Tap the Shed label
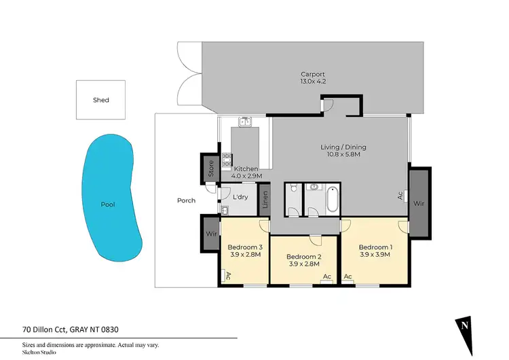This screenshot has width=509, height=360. point(101,100)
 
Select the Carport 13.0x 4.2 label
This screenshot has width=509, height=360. point(314,78)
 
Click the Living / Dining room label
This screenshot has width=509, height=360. point(339,151)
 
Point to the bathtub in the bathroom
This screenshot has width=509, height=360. point(331,202)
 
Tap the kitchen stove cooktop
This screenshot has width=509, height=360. point(227,162)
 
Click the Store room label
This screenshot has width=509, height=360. point(210,168)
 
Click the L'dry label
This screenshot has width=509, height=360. point(240,198)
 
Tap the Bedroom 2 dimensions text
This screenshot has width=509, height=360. point(304,264)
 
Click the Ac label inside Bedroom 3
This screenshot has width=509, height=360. point(227,276)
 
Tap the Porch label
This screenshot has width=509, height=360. point(186,200)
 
